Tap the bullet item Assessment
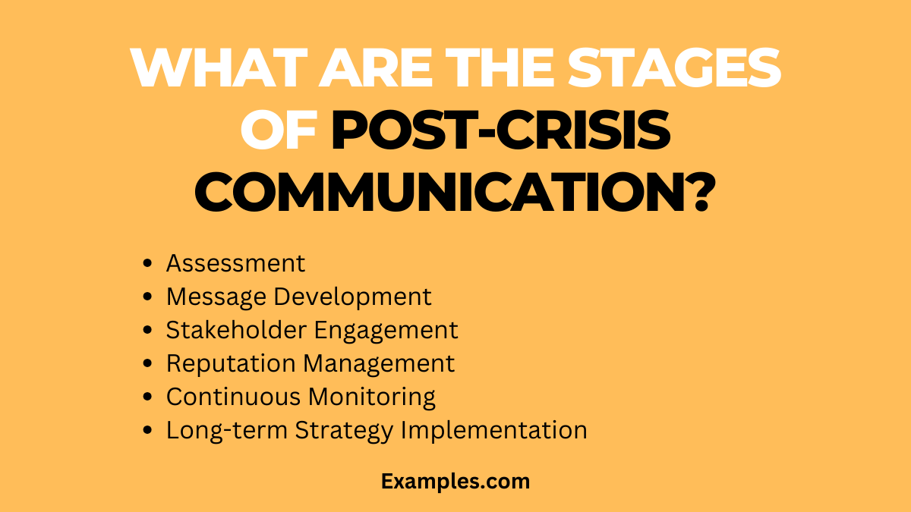coord(235,263)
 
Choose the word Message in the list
coord(216,297)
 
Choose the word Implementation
coord(493,430)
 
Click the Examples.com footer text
coord(455,481)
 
